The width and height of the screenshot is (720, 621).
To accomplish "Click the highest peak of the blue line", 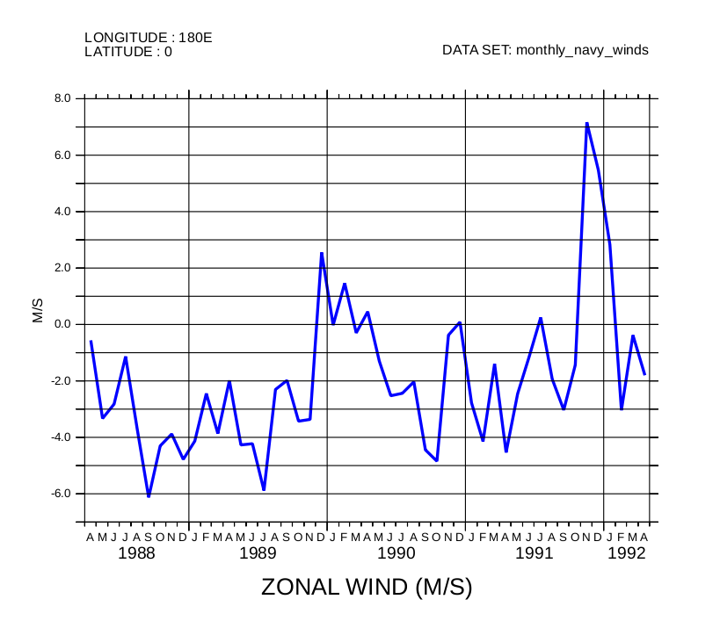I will [586, 123].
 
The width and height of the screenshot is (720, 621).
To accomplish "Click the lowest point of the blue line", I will [149, 496].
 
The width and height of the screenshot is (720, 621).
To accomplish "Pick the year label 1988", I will [136, 553].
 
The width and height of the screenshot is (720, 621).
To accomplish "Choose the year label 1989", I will [258, 553].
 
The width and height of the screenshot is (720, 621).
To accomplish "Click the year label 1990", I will [396, 553].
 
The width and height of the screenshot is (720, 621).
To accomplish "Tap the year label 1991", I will [534, 553].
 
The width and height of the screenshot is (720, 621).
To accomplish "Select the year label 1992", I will [626, 553].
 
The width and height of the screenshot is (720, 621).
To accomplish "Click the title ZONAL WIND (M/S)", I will [367, 588].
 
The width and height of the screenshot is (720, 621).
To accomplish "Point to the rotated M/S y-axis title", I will [38, 311].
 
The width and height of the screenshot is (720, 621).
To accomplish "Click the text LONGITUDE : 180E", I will [149, 38].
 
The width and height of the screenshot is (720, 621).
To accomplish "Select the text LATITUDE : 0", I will [128, 52].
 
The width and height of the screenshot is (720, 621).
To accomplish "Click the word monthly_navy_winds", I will [582, 50].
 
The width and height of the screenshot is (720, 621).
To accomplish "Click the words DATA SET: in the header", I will [476, 50].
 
